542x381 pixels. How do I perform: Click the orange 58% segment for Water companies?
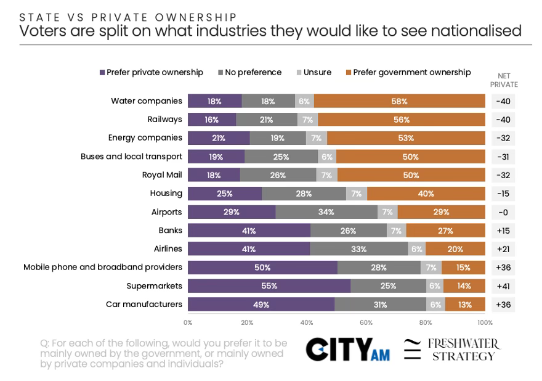click(x=400, y=101)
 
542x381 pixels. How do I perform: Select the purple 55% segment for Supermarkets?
click(x=269, y=286)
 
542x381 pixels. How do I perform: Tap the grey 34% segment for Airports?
click(x=326, y=212)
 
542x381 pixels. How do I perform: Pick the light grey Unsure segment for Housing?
click(x=357, y=194)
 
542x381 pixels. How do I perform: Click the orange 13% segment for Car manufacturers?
click(x=465, y=304)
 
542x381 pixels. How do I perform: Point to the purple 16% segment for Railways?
click(x=212, y=120)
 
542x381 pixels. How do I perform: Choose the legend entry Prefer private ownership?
click(x=152, y=72)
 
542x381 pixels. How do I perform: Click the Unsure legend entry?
click(x=314, y=72)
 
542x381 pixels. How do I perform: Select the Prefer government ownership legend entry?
click(x=408, y=72)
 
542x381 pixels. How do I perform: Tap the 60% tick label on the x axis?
click(x=366, y=322)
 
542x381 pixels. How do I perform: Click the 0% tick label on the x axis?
click(x=188, y=322)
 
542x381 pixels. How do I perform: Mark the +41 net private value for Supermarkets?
click(x=503, y=286)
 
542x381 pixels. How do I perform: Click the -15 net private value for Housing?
click(x=503, y=194)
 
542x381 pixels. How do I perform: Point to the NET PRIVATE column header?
click(x=504, y=80)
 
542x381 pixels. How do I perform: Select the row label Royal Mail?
click(x=162, y=174)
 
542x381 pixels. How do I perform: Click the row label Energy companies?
click(x=145, y=137)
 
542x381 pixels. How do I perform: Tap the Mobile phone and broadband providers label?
click(x=103, y=267)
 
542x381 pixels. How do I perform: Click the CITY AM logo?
click(x=348, y=350)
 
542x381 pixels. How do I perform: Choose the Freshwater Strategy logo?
click(x=452, y=350)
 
